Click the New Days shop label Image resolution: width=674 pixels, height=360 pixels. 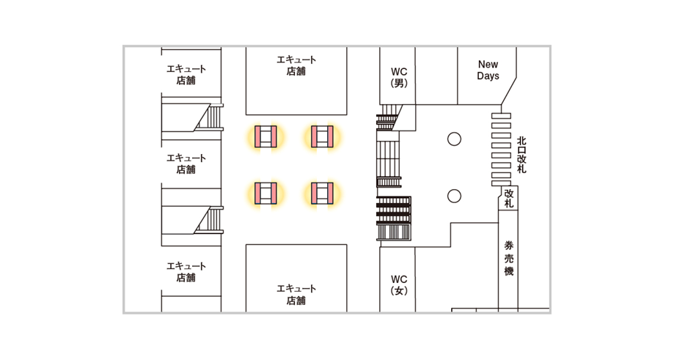(488, 70)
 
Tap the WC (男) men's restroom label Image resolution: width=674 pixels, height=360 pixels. (399, 77)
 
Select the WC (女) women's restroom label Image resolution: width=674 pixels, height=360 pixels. (399, 284)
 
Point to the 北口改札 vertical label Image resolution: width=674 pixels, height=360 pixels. (521, 155)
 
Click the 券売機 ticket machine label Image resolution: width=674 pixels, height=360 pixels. (508, 259)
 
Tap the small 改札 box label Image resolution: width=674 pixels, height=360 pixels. (508, 198)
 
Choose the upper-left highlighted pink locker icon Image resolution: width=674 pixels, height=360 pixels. (265, 136)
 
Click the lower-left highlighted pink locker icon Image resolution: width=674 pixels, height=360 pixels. (265, 193)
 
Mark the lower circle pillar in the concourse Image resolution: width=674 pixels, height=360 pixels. (454, 195)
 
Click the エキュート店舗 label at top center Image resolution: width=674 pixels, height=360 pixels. (296, 65)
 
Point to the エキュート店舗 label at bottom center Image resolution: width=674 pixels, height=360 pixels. (296, 294)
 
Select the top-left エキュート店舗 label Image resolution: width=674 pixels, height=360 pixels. (186, 75)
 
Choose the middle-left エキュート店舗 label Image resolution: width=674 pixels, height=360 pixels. (186, 164)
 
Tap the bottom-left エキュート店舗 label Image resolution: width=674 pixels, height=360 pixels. (186, 271)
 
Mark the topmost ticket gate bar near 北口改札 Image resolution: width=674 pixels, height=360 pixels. (501, 115)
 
